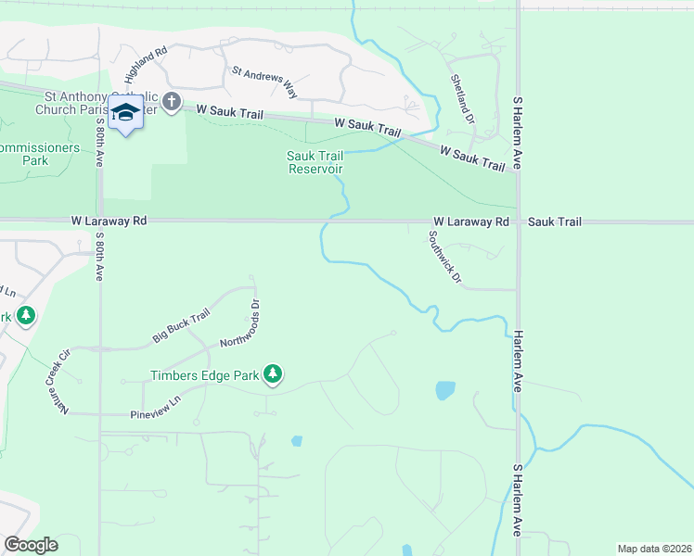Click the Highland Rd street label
coord(144,66)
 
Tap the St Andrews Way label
coord(264,82)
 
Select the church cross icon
coord(171,103)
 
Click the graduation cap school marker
coord(125,112)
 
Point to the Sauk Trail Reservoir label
coord(315,163)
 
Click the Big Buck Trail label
coord(182,325)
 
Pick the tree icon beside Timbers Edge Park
coord(273,374)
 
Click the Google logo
coord(31,545)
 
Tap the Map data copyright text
coord(654,549)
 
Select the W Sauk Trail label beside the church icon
coord(224,110)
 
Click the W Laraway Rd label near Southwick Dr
coord(471,222)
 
